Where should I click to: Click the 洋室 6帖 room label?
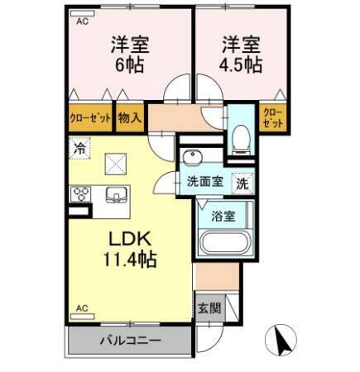(127, 55)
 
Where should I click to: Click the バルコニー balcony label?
(130, 341)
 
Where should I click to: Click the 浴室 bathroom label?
(223, 217)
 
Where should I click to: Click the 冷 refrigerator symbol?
(80, 150)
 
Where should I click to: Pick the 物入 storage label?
(129, 117)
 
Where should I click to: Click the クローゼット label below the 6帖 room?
(89, 117)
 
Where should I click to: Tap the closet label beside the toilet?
(272, 117)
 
